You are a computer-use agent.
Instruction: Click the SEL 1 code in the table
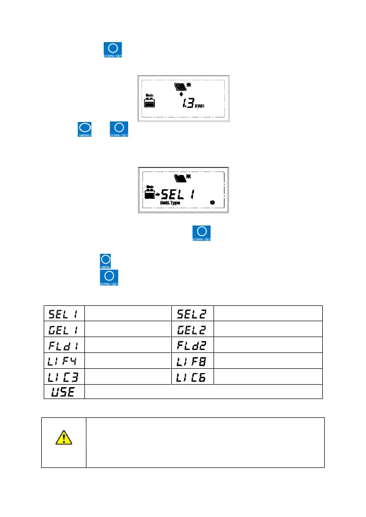63,313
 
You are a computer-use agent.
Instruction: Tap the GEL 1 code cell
63,329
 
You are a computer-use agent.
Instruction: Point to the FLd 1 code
63,345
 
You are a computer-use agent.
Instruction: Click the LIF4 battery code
63,360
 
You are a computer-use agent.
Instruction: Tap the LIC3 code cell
63,376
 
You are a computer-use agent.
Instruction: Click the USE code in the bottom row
63,392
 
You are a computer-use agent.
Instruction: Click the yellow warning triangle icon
63,438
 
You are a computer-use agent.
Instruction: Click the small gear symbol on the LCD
213,203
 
